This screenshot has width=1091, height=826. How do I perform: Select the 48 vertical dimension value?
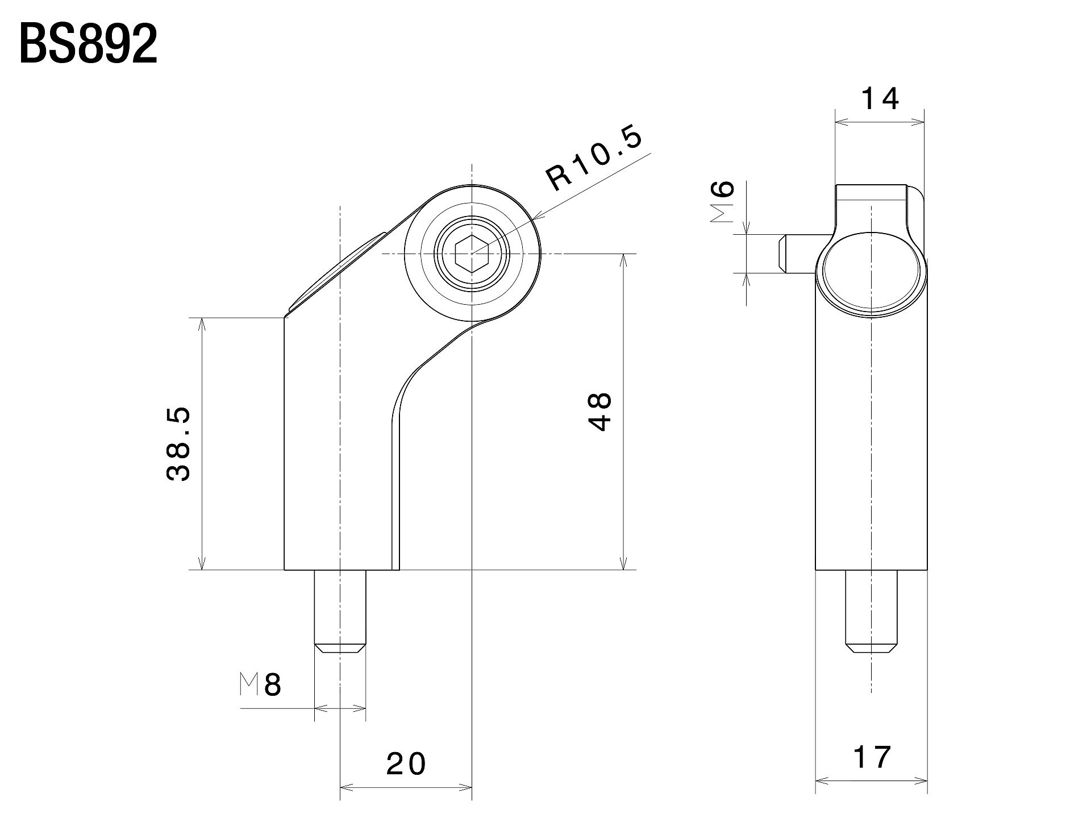(600, 412)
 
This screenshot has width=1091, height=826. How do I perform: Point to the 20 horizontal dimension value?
(406, 765)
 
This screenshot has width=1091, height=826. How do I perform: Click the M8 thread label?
(260, 685)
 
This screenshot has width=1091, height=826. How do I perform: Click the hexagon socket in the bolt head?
(472, 254)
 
